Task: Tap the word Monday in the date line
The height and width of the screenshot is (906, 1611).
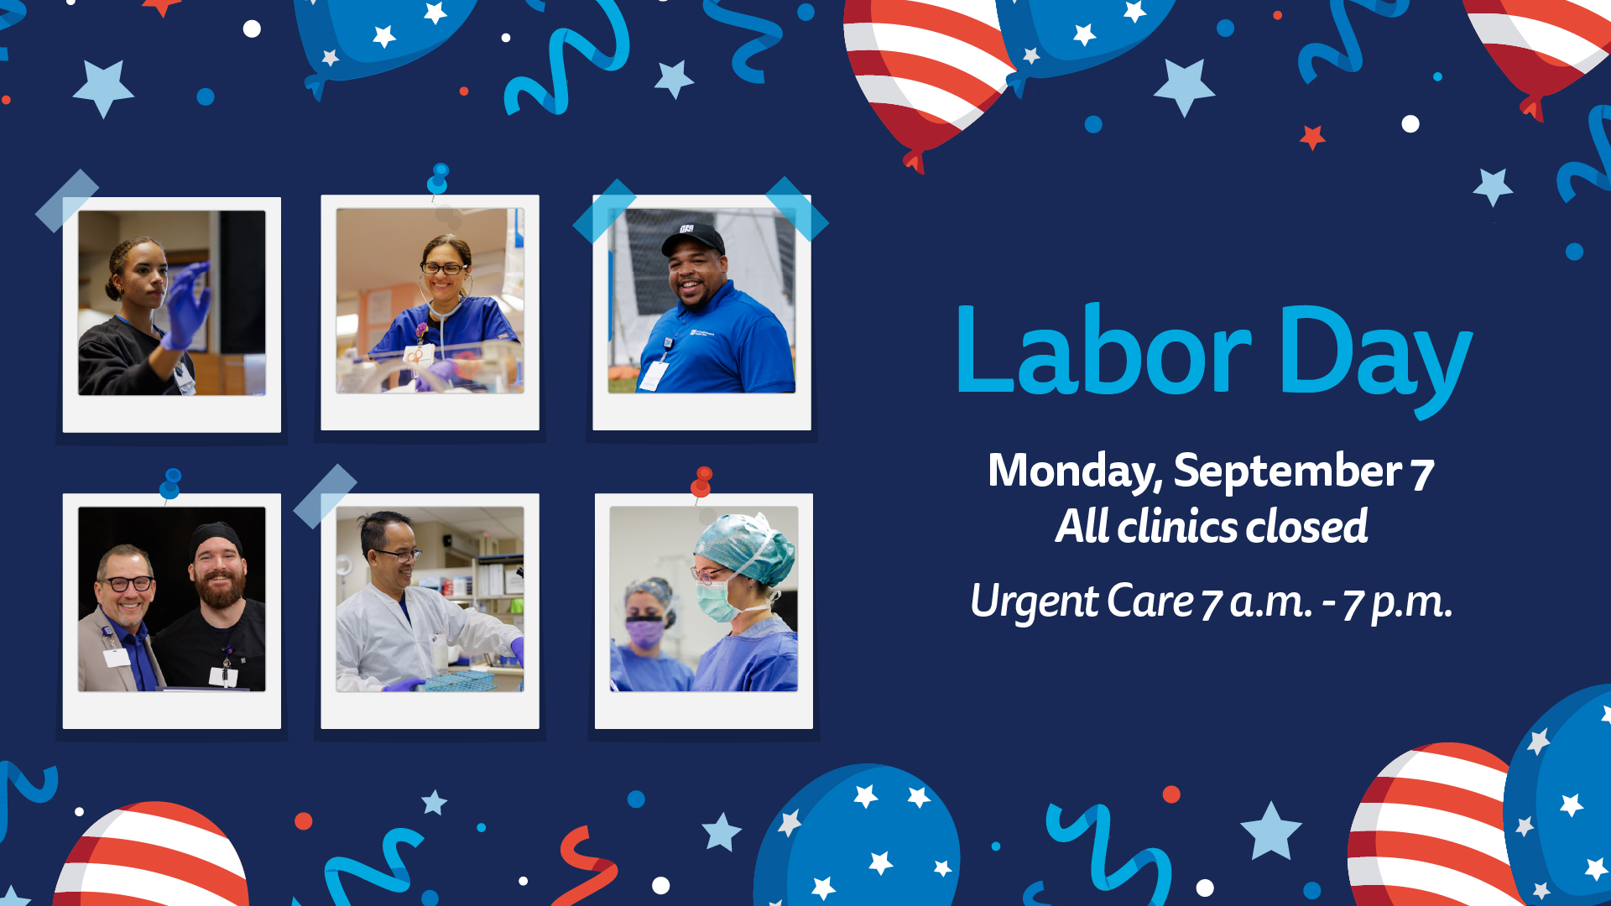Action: (x=1075, y=471)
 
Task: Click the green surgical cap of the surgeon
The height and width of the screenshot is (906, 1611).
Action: (x=744, y=548)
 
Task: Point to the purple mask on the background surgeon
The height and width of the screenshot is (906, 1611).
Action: (x=644, y=633)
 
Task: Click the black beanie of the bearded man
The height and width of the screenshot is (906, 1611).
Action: (x=216, y=539)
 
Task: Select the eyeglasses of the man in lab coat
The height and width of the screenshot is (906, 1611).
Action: (x=396, y=555)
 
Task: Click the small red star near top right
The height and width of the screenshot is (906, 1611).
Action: (x=1312, y=137)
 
